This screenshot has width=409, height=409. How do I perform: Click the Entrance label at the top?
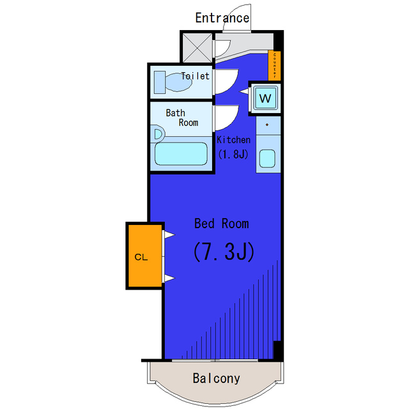pos(222,18)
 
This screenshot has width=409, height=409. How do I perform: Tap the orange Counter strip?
pos(274,65)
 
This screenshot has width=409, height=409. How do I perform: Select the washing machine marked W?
pos(265,98)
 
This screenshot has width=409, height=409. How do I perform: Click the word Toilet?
pos(195,76)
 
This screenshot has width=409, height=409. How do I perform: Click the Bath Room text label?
pos(181,118)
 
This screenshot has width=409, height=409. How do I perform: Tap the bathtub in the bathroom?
pos(181,154)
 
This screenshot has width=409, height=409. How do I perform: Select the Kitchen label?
pos(233,140)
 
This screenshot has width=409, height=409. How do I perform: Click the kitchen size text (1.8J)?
pos(233,154)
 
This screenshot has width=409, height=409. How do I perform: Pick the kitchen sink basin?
pos(266,158)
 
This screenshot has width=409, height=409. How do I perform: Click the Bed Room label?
pos(222,224)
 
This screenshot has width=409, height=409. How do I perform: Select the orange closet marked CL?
pos(142,257)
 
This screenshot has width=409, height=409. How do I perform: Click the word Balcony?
pos(217,378)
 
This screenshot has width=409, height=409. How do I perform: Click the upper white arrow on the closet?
pos(169,235)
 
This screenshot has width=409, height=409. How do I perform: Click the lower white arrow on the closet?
pos(169,277)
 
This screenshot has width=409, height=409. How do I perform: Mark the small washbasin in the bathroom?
pos(158,134)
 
